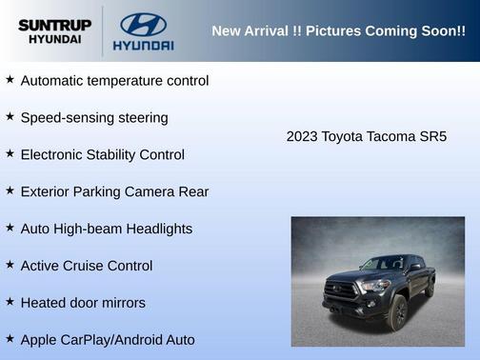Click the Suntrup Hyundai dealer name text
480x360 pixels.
(53, 31)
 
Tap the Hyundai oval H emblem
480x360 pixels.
(143, 24)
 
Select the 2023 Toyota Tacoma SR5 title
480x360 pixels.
(366, 136)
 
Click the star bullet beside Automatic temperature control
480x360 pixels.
(10, 80)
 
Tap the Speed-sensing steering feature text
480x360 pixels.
(94, 118)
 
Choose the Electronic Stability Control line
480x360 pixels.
(102, 154)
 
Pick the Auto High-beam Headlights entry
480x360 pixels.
(106, 229)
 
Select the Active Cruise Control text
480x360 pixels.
(86, 266)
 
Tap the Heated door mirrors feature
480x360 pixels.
(83, 303)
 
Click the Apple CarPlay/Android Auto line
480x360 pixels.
(107, 340)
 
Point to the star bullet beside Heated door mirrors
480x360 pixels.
(10, 302)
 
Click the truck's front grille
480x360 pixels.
(339, 289)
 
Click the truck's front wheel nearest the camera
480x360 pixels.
(398, 313)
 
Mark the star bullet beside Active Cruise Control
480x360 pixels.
(10, 265)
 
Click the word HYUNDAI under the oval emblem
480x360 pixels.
(143, 45)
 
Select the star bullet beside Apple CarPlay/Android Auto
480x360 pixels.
(10, 339)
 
